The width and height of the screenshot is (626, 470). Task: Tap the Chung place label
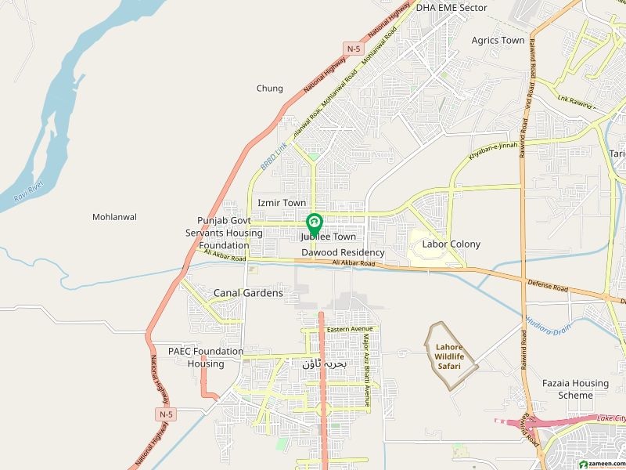click(x=270, y=89)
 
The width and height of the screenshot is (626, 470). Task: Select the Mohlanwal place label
click(x=114, y=217)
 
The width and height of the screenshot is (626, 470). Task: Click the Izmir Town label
click(x=282, y=203)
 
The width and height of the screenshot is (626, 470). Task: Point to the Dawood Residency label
click(x=344, y=252)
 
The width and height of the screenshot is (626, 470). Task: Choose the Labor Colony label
click(x=452, y=244)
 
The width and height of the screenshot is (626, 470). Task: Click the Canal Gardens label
click(x=248, y=293)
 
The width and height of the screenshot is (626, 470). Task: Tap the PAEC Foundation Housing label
click(x=206, y=357)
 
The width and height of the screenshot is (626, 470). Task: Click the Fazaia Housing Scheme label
click(x=575, y=389)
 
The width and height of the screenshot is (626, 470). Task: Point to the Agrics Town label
click(x=498, y=40)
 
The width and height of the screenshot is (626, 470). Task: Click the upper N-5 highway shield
click(x=354, y=49)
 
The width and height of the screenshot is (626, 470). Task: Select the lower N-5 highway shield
click(x=164, y=413)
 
